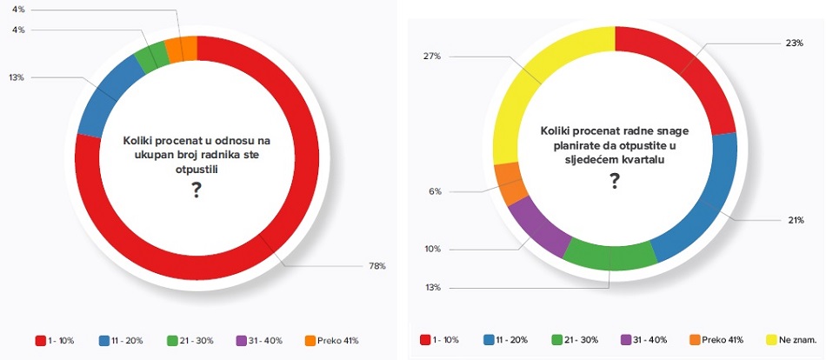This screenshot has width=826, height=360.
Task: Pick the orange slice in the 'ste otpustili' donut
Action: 174,49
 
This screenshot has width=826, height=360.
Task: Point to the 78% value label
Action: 377,265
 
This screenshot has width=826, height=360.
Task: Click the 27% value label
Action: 431,57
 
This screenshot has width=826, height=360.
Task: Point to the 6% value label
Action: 436,191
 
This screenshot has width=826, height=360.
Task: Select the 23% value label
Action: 795,43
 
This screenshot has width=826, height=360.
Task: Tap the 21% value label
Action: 795,220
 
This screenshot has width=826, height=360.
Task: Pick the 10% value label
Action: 432,249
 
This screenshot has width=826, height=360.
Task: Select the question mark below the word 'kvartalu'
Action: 614,180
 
